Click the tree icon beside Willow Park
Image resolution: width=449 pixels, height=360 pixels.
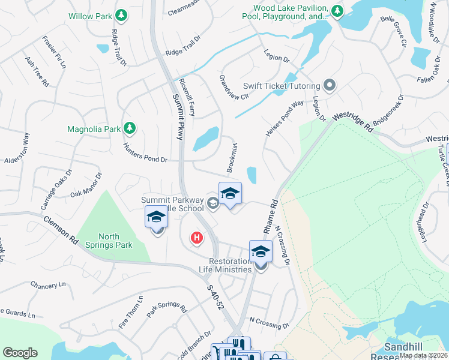(122, 14)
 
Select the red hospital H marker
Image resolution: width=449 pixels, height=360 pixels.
(196, 239)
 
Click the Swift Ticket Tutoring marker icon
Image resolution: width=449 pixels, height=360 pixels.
(329, 85)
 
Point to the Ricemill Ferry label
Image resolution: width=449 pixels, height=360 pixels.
(191, 96)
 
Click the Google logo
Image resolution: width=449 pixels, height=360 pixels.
(20, 352)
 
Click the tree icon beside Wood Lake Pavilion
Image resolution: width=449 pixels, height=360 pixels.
(337, 10)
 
